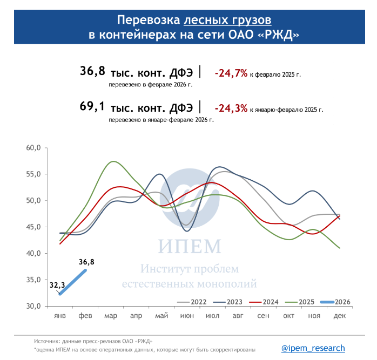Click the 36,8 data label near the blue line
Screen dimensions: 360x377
point(86,263)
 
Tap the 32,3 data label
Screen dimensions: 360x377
point(58,284)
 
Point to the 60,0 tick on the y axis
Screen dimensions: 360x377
point(33,148)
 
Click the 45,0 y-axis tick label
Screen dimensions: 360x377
point(33,227)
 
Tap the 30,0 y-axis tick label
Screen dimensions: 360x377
point(33,306)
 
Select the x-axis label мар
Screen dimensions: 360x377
point(111,315)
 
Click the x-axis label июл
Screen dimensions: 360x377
point(212,315)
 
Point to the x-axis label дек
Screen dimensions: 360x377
point(340,315)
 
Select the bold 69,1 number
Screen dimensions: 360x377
point(92,106)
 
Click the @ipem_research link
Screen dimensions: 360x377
point(313,348)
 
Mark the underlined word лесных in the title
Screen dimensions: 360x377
point(205,20)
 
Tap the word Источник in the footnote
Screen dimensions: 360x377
point(45,342)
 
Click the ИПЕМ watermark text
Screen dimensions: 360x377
point(190,247)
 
